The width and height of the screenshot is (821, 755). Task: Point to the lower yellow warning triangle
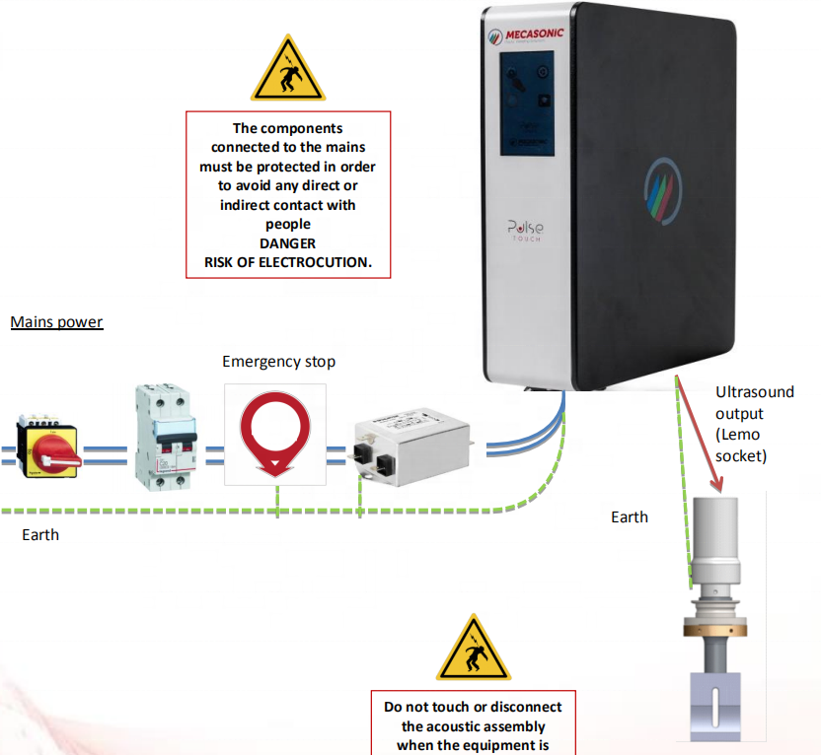click(x=473, y=651)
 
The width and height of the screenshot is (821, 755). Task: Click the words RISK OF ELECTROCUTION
click(x=288, y=261)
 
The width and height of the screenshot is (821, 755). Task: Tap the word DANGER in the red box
click(x=288, y=242)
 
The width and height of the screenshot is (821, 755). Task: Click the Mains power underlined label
click(x=56, y=322)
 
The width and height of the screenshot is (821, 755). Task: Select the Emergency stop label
click(x=278, y=362)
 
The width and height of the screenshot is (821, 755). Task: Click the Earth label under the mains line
click(x=40, y=534)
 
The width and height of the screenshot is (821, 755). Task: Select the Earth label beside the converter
click(x=630, y=516)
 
